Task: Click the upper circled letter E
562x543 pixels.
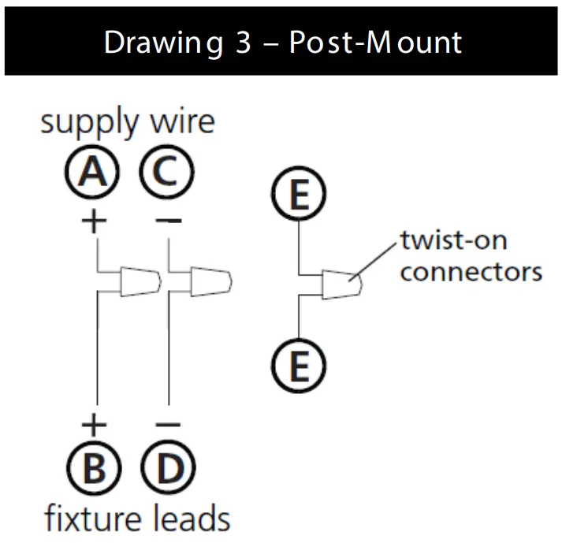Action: [x=298, y=194]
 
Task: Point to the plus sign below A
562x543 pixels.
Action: [x=94, y=221]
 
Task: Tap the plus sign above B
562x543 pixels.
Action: [x=94, y=426]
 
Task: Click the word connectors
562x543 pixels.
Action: [x=471, y=272]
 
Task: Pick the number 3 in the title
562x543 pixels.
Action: [x=241, y=42]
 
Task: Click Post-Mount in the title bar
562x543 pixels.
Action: [x=375, y=42]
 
